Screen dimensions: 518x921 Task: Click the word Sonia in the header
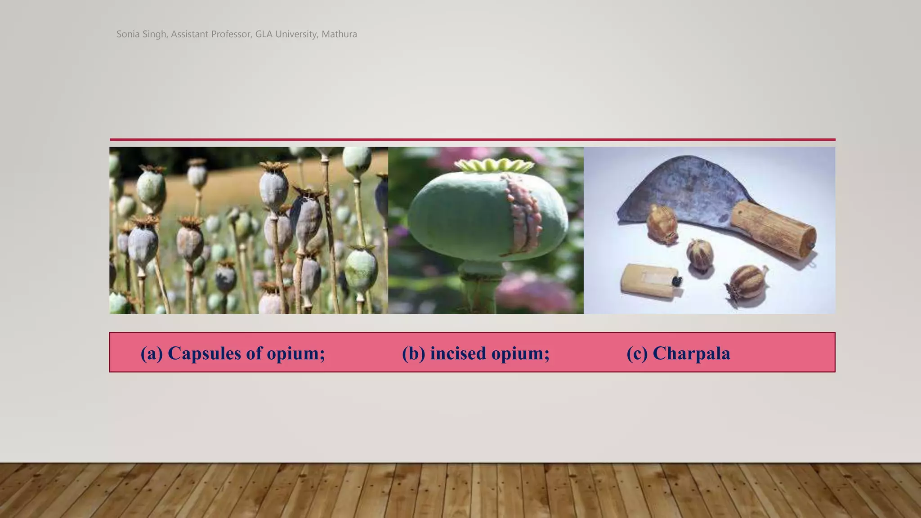128,34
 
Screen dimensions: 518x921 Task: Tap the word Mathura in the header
339,34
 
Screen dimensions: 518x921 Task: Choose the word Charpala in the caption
691,353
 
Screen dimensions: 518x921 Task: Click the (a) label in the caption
152,353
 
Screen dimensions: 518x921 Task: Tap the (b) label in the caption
413,353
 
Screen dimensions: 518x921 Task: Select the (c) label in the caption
637,353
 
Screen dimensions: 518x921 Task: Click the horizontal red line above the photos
472,140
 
